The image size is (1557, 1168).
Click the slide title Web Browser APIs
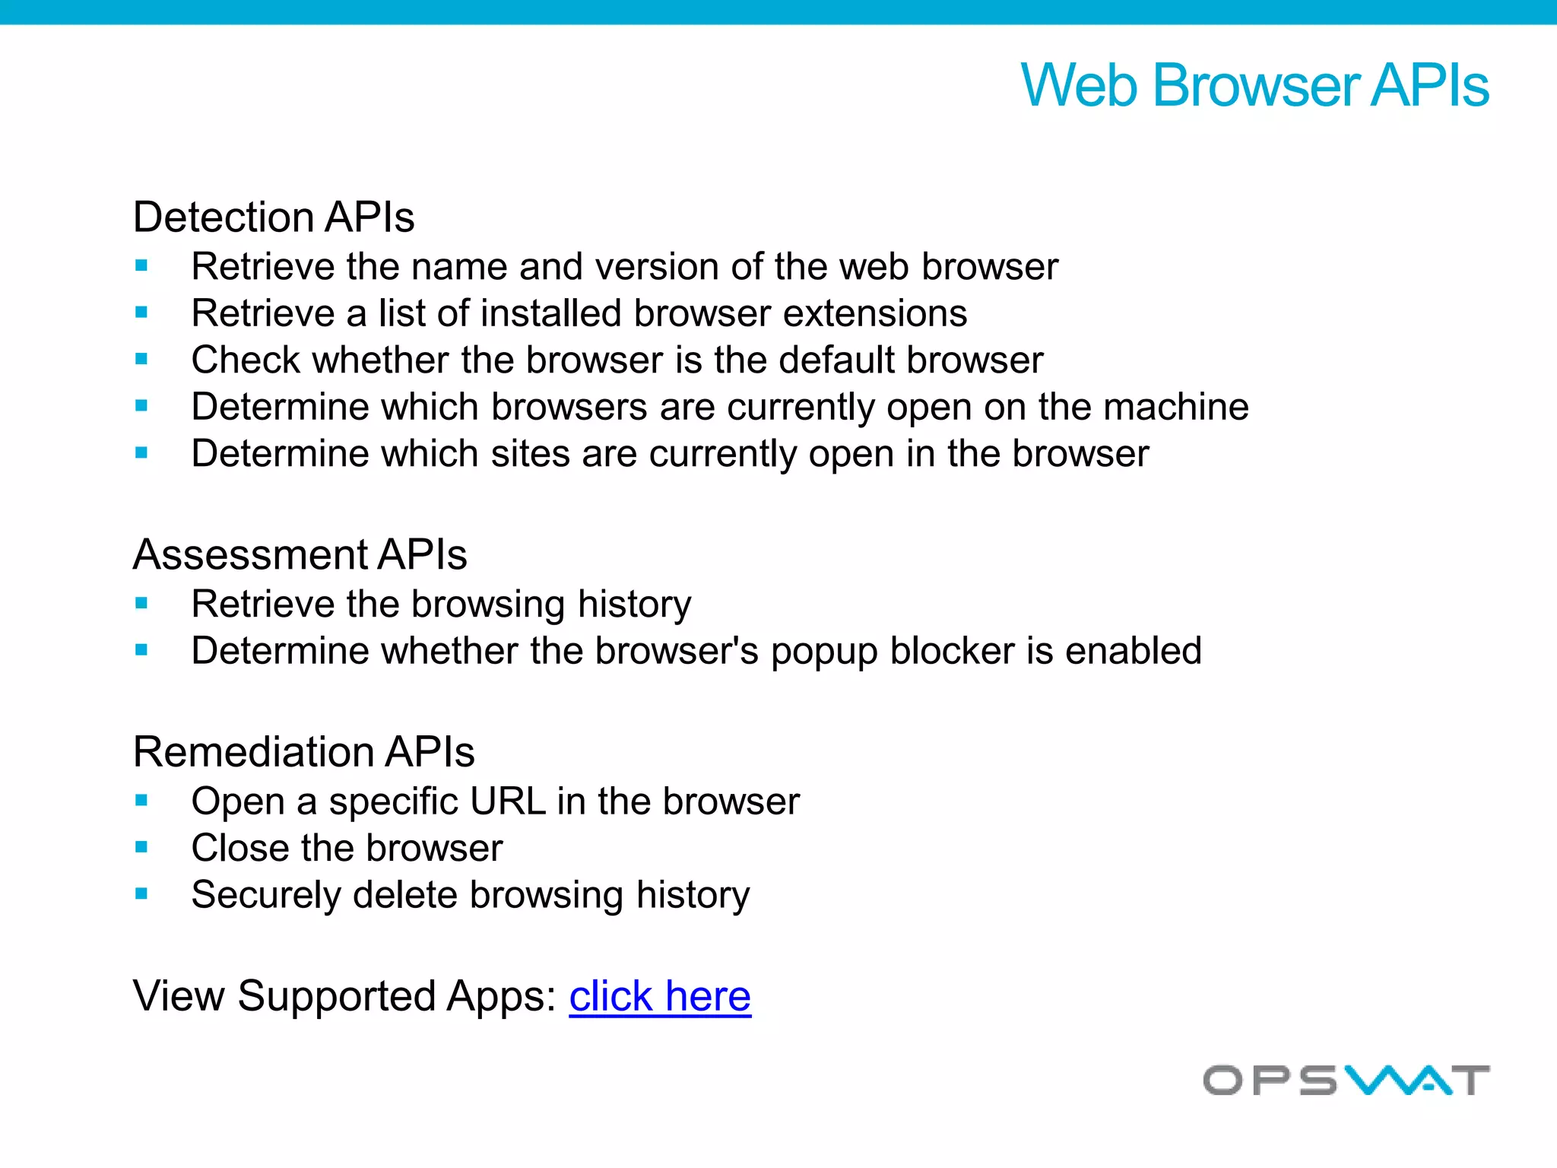[x=1254, y=85]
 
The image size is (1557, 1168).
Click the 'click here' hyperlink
[x=659, y=996]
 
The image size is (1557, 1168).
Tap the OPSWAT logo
[x=1346, y=1080]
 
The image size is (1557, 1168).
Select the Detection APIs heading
[x=274, y=217]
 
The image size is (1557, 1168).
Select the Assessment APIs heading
[x=300, y=554]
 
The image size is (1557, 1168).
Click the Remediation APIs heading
[x=303, y=752]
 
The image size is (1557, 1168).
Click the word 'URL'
[x=507, y=801]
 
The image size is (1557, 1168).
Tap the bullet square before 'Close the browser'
[x=141, y=847]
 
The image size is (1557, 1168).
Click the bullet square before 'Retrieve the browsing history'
[x=141, y=604]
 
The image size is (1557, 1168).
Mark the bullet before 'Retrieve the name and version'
[x=141, y=266]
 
